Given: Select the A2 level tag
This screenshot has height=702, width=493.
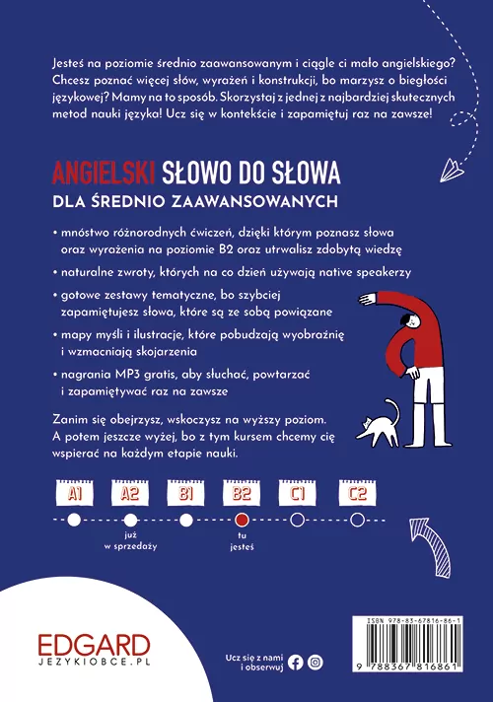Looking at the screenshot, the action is coord(129,492).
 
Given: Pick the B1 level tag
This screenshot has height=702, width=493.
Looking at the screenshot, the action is coord(184,492).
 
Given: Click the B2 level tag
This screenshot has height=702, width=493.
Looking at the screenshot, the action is coord(242,492).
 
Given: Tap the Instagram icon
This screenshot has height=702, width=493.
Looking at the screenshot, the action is coord(315,662).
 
